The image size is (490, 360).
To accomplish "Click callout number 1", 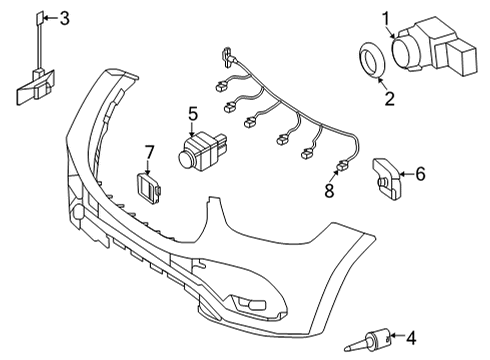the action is click(x=386, y=19).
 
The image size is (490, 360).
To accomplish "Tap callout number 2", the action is click(x=389, y=99).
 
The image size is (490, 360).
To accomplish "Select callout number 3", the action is click(x=64, y=18).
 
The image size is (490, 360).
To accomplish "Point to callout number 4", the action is click(x=411, y=338).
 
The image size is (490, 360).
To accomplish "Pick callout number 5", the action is click(x=193, y=114).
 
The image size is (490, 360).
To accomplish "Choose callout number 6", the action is click(x=420, y=174).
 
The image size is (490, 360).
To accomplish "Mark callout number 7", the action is click(x=149, y=153).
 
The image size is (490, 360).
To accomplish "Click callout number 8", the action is click(x=329, y=191).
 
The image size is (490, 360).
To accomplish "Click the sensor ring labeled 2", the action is click(x=373, y=60).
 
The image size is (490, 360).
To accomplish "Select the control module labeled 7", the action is click(x=149, y=188).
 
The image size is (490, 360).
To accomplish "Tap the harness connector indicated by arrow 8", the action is click(x=343, y=165).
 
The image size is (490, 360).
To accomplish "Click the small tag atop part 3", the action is click(x=39, y=18).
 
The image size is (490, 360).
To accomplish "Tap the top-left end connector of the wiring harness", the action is click(x=228, y=57).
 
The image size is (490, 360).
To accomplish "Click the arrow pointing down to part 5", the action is click(x=192, y=129).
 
